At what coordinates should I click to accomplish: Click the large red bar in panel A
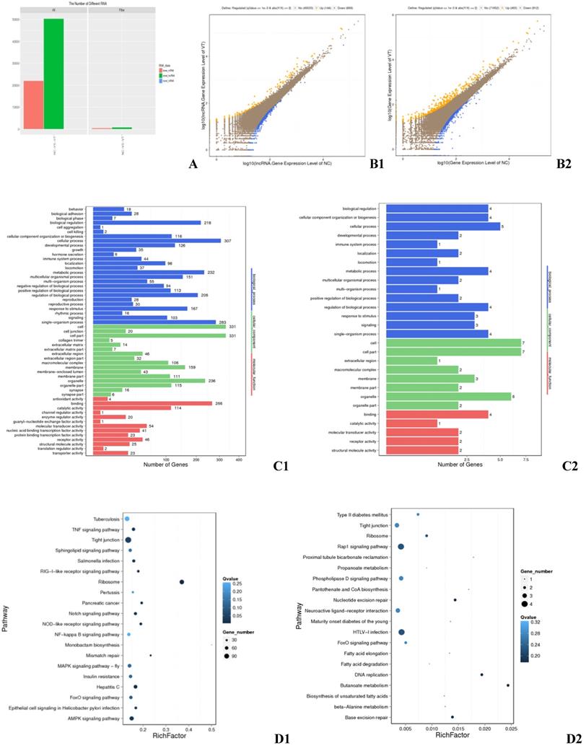point(33,105)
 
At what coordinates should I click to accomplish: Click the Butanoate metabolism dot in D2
point(508,685)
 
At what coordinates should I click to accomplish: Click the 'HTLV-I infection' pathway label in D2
point(372,632)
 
